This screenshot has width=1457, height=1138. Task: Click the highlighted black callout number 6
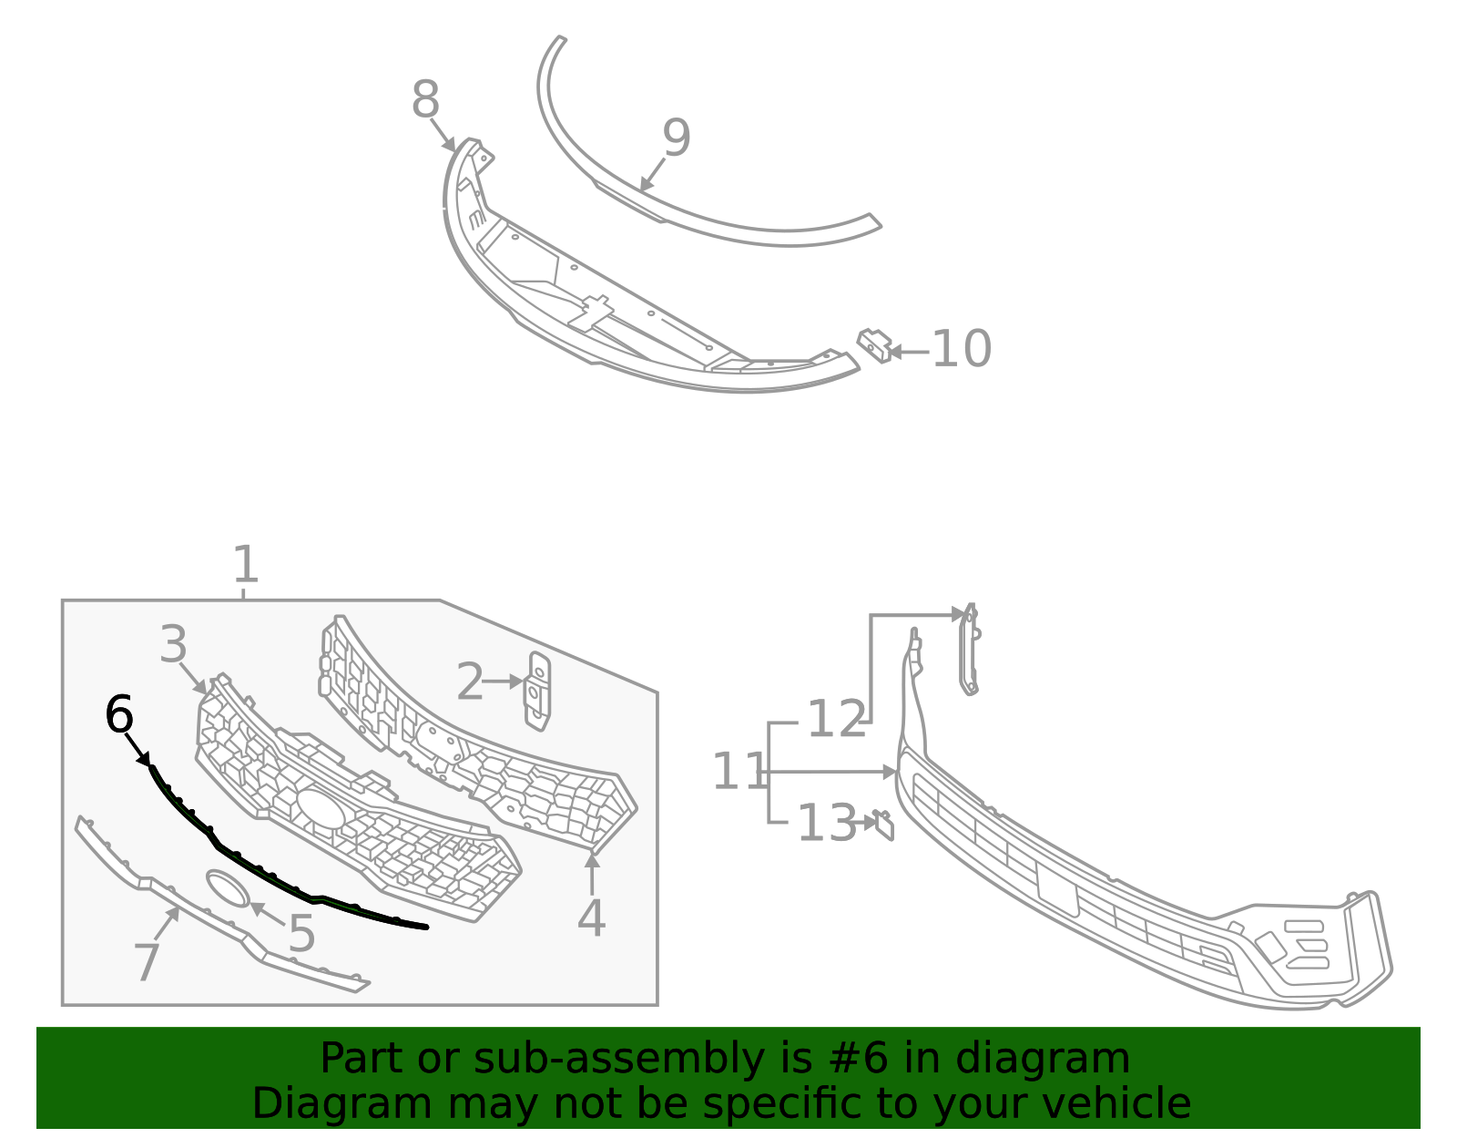119,714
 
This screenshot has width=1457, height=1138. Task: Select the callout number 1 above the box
246,565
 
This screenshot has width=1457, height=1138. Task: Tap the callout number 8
425,100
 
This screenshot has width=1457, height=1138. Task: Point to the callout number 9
677,138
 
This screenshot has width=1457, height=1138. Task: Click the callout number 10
962,349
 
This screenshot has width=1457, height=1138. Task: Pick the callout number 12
836,720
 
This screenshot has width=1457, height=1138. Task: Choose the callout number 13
826,824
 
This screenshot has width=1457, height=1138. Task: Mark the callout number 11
739,772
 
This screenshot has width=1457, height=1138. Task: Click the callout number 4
591,918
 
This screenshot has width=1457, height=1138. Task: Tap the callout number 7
147,961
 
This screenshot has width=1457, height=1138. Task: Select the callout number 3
173,645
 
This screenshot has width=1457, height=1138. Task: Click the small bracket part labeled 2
539,691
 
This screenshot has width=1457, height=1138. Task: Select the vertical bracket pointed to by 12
968,651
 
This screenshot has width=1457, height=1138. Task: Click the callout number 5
301,934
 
